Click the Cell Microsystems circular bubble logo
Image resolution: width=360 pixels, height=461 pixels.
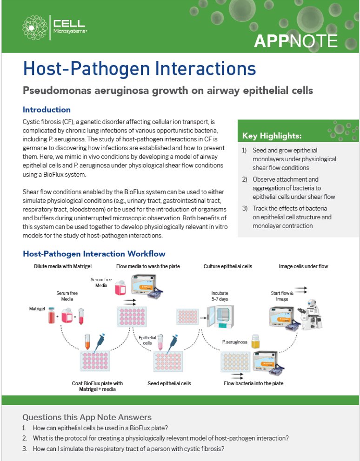[35, 27]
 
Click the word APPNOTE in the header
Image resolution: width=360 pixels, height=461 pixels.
[295, 41]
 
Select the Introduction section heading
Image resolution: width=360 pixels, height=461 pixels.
[47, 110]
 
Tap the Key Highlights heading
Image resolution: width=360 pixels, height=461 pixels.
[272, 136]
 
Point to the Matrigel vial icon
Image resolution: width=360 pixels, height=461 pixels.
[52, 315]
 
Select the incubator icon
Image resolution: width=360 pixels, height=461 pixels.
[220, 316]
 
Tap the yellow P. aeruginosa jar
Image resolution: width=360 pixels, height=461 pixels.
[255, 341]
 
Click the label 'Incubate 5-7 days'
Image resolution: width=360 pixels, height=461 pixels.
[220, 296]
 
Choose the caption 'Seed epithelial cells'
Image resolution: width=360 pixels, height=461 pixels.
[169, 383]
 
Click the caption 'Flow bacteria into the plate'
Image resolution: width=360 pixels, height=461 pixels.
[253, 383]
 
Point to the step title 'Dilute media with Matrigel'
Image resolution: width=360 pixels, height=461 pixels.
[63, 266]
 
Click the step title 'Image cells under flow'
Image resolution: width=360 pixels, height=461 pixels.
[303, 266]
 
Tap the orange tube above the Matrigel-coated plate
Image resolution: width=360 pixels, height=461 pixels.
[87, 342]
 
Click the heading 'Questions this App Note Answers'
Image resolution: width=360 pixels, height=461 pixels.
[87, 417]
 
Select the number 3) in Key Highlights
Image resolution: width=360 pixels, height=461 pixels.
[245, 209]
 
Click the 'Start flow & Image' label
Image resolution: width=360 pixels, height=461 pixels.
[282, 296]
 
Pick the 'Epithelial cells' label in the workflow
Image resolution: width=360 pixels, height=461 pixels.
[147, 341]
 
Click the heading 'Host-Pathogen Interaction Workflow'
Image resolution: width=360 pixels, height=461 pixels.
[94, 254]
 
